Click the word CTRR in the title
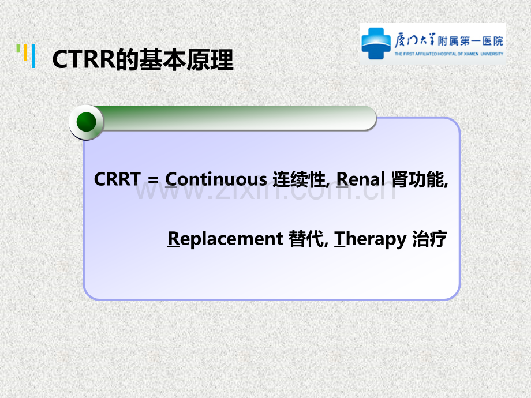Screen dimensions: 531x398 (84, 59)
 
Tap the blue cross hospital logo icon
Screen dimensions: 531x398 (376, 43)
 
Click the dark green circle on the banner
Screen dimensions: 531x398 (87, 122)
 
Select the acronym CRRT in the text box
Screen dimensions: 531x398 (117, 179)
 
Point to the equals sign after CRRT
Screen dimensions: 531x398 (153, 180)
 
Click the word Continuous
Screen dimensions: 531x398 (216, 179)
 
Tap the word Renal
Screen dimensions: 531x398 (361, 179)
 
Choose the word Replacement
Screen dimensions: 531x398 (225, 239)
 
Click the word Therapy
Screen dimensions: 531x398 (370, 239)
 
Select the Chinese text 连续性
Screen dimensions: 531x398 (299, 179)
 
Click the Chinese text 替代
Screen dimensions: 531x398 (306, 239)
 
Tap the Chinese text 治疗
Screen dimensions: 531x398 (430, 239)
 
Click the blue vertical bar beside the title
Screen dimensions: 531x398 (33, 56)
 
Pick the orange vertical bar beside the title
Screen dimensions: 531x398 (25, 52)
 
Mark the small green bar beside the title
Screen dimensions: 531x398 (18, 48)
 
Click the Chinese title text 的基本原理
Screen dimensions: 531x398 (175, 60)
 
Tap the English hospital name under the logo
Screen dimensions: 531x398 (448, 54)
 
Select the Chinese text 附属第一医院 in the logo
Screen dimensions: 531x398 (470, 42)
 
